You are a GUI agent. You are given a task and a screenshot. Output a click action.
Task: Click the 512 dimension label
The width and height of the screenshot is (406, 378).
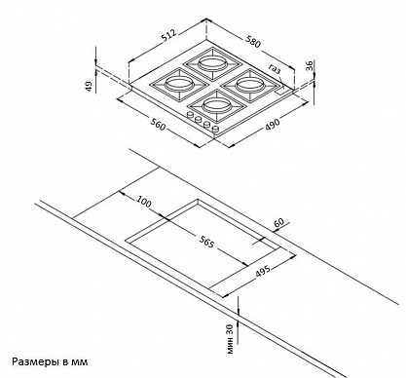point(168,36)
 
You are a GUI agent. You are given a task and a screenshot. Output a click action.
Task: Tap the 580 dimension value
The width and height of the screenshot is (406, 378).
point(253,42)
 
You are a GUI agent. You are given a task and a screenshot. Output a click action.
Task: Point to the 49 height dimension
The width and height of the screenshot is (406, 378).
point(89,86)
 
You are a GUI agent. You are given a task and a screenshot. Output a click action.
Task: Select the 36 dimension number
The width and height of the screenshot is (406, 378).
point(310,65)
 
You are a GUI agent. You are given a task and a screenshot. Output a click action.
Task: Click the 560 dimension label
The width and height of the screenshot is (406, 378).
point(158,125)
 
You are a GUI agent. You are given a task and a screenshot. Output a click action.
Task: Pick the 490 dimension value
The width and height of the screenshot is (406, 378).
point(272,125)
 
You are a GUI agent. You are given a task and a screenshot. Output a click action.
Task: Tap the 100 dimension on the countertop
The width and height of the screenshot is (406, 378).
point(144,202)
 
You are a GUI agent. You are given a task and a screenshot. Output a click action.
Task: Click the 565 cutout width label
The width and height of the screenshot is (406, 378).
point(206,242)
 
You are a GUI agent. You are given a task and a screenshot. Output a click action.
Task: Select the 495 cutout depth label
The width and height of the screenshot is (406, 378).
point(263,271)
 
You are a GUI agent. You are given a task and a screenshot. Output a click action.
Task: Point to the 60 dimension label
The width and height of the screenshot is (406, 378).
point(278,223)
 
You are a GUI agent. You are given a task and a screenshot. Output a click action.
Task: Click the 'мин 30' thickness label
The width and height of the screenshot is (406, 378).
point(230,339)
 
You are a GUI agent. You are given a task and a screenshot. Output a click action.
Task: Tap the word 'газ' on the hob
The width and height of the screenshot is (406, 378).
point(275,69)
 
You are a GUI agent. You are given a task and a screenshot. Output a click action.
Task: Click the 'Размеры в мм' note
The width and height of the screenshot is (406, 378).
point(50,361)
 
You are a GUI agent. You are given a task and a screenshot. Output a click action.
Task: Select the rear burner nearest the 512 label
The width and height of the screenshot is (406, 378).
point(212,63)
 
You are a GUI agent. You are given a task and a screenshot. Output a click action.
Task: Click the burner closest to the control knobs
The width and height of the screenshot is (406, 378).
point(216,105)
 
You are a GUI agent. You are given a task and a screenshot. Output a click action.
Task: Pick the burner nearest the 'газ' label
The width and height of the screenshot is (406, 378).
point(250,86)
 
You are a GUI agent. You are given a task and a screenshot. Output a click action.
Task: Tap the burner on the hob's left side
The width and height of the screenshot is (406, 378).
point(179,84)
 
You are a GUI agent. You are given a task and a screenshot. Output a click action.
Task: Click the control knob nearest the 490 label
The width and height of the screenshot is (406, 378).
point(214,130)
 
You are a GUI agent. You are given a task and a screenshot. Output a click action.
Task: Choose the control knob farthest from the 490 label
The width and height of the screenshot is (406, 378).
point(189,115)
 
